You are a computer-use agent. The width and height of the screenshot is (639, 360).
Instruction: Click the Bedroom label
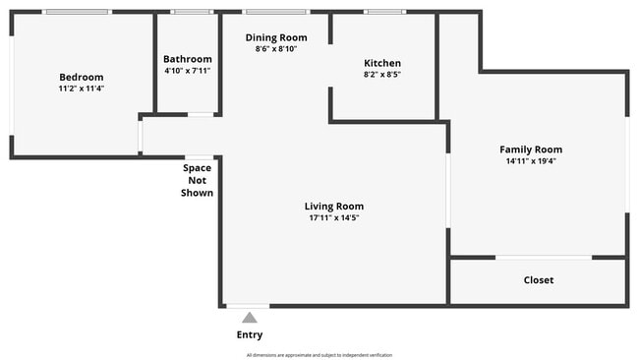click(82, 77)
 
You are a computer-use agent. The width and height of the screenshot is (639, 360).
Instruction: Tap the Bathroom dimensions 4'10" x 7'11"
click(188, 71)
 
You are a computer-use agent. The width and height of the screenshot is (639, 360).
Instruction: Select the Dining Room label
click(276, 38)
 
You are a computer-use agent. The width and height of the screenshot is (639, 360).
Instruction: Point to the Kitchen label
click(382, 63)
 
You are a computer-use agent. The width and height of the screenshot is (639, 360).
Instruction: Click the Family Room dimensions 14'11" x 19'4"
click(531, 161)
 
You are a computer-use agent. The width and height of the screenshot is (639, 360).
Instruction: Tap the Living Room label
click(334, 207)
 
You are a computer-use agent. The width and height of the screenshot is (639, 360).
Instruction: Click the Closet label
click(539, 280)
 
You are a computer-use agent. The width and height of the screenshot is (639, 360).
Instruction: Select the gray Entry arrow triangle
click(250, 318)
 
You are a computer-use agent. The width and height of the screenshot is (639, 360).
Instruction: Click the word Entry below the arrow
click(250, 334)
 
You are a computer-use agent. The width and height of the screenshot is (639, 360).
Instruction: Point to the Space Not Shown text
click(198, 180)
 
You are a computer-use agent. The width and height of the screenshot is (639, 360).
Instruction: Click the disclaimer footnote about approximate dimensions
click(319, 355)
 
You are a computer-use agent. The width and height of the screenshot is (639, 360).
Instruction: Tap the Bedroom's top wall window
click(77, 12)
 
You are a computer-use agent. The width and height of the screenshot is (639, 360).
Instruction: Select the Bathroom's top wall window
click(192, 12)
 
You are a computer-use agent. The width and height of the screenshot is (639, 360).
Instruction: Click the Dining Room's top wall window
click(276, 12)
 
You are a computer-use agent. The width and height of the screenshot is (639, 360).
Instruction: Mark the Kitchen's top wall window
click(384, 12)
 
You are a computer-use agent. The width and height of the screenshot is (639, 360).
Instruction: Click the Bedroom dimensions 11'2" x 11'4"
click(82, 89)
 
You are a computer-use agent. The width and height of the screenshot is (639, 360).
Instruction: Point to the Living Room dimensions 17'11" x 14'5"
click(334, 217)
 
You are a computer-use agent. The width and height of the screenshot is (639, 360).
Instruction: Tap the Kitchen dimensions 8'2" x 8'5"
click(382, 75)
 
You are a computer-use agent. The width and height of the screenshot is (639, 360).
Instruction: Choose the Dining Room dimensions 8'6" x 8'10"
click(276, 49)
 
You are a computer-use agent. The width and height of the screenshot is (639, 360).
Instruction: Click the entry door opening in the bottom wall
click(248, 306)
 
